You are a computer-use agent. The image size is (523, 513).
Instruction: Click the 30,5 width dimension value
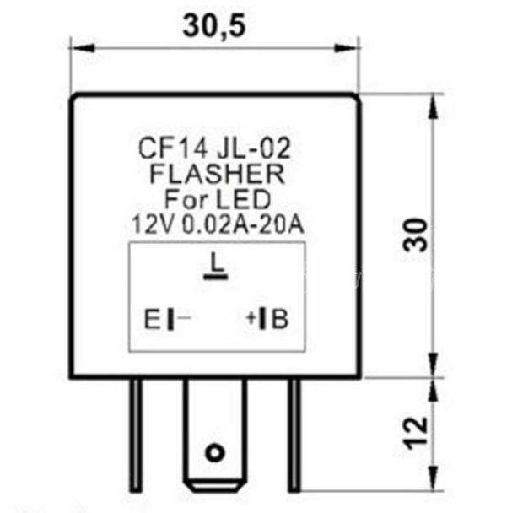[x=213, y=27]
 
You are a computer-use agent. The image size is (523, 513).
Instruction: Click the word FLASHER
[x=216, y=175]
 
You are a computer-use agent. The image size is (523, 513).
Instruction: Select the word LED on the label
[x=247, y=200]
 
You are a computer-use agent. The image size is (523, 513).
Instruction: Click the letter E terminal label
[x=151, y=321]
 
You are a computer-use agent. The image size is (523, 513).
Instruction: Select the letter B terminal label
[x=280, y=320]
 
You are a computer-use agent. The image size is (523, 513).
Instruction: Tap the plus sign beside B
[x=251, y=320]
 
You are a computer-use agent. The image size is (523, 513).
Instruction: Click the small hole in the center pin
[x=216, y=453]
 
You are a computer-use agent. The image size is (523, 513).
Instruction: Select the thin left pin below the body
[x=136, y=435]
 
